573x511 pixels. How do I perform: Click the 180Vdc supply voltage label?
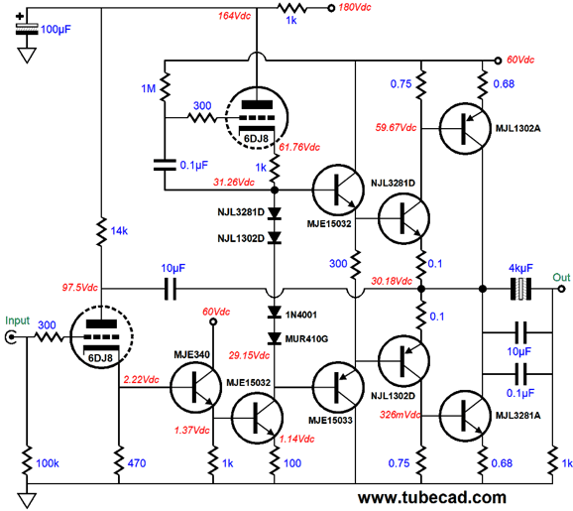tap(355, 7)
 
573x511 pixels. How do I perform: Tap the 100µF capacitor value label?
tap(56, 29)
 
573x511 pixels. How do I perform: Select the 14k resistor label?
tap(119, 231)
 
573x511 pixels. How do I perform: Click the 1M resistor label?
tap(149, 88)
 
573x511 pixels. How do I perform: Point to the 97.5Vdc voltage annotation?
tap(79, 288)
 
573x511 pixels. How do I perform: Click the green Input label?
tap(17, 320)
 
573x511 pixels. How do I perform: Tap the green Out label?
tap(561, 277)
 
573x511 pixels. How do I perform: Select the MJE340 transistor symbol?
tap(196, 388)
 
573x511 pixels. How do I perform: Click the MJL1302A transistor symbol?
tap(465, 128)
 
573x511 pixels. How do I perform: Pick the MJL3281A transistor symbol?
tap(465, 416)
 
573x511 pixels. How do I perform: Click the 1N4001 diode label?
tap(301, 315)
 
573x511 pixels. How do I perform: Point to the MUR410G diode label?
tap(306, 339)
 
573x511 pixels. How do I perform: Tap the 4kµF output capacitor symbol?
tap(520, 289)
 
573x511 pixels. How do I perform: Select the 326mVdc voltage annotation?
tap(400, 415)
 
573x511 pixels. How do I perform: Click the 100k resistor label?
tap(48, 463)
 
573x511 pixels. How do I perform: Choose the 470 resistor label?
tap(137, 463)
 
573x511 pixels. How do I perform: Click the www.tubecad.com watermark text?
tap(432, 498)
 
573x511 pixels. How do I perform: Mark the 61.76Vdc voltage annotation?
tap(299, 147)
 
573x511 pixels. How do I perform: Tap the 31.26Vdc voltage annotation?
tap(234, 183)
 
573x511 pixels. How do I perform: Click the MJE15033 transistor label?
tap(330, 421)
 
